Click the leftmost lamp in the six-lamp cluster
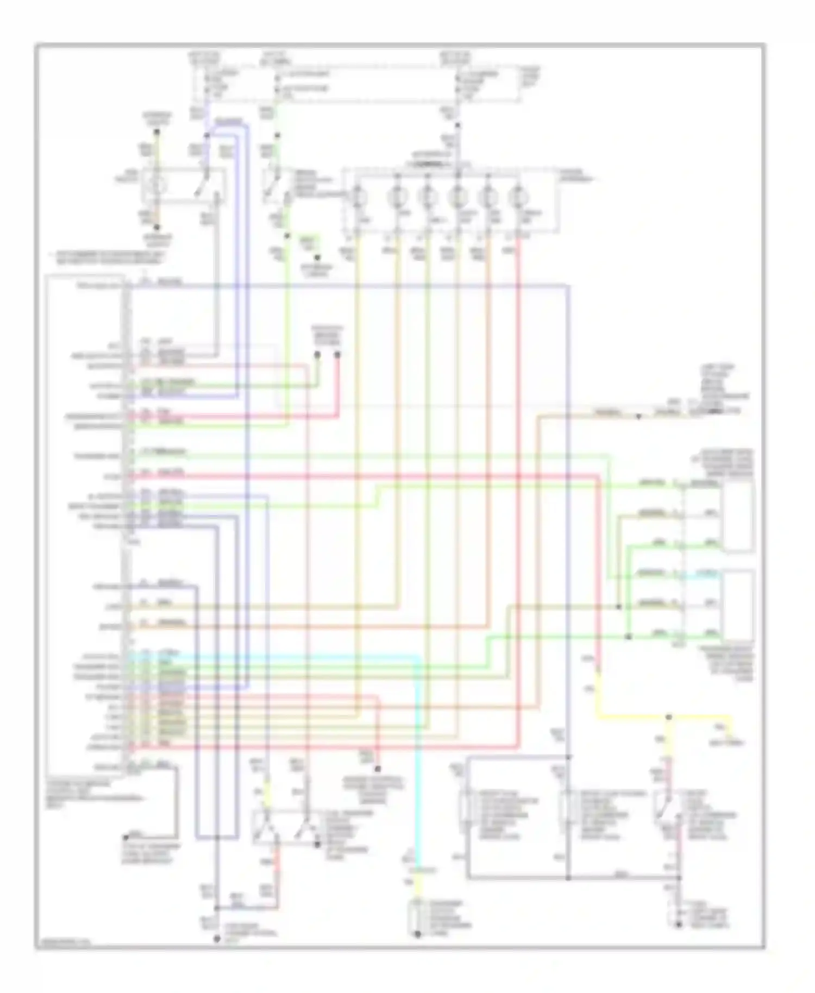(x=358, y=196)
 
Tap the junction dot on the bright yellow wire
(x=669, y=718)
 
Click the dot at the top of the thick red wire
(x=337, y=355)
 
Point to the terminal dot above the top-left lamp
(x=156, y=132)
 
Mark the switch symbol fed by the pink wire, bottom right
(x=664, y=815)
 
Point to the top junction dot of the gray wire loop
(x=567, y=757)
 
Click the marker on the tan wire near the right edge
(x=639, y=417)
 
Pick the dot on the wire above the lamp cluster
(x=457, y=125)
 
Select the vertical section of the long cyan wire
(x=418, y=761)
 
